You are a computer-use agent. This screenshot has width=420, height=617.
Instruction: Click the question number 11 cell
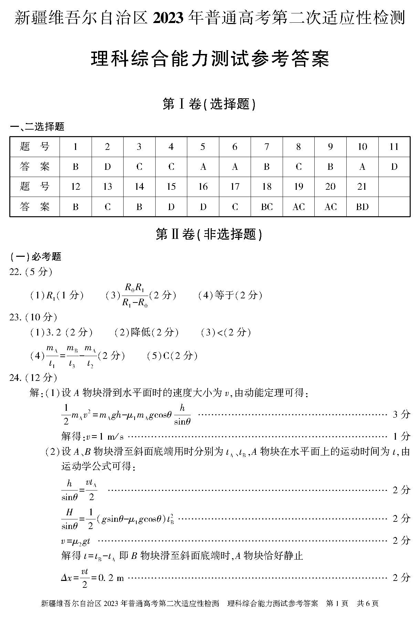point(394,147)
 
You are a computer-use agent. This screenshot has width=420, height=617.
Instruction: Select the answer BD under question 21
point(362,207)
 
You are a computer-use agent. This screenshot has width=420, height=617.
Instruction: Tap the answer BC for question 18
point(267,207)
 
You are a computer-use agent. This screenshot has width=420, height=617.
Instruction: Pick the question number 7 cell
point(267,147)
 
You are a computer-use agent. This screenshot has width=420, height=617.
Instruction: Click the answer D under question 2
point(107,167)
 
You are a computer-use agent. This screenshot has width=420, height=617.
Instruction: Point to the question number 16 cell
point(203,187)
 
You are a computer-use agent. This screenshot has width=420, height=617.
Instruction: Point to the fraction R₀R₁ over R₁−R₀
point(135,295)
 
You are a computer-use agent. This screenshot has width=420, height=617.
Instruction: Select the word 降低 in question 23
point(140,332)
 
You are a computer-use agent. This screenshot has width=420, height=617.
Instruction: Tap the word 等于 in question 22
point(224,295)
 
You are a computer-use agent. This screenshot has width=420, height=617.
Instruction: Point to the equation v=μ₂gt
point(76,541)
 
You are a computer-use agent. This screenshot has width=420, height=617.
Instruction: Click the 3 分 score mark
point(401,414)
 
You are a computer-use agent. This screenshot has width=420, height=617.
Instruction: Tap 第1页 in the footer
point(337,603)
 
